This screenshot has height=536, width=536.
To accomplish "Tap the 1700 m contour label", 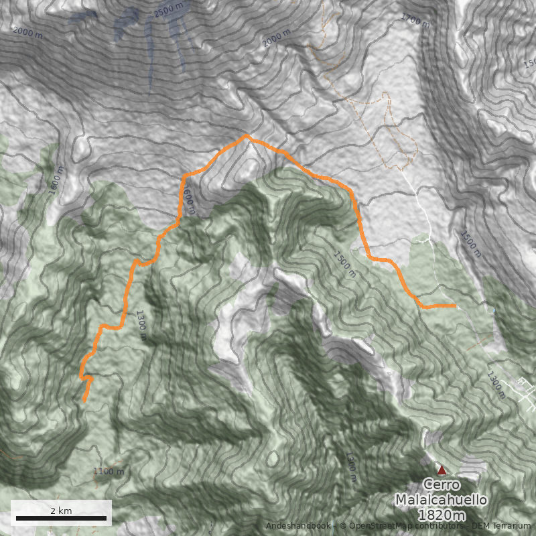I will coord(415,20).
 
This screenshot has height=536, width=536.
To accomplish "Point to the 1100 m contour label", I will coord(109,472).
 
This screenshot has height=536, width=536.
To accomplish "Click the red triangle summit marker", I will coord(442,470).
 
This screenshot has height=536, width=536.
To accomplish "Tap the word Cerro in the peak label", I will coord(441,485).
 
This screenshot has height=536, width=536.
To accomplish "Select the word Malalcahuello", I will coord(441,500).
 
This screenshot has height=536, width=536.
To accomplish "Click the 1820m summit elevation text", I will coord(441,515).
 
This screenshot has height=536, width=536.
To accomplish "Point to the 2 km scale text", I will coord(61,511).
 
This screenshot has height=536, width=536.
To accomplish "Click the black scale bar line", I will coord(61,518).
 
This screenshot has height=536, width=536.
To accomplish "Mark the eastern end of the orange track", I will coord(456,306).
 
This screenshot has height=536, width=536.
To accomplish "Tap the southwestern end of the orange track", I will coord(84,401).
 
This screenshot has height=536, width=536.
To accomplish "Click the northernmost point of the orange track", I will coord(247,136).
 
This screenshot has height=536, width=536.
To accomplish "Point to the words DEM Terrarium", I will coord(496,526).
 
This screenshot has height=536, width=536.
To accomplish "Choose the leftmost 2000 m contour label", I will coord(27,32).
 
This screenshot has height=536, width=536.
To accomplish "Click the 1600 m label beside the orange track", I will coord(190,199).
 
